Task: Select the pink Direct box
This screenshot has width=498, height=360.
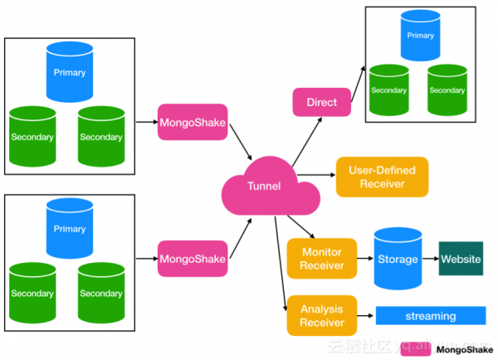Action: pos(321,102)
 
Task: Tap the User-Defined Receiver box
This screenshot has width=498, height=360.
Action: pos(382,177)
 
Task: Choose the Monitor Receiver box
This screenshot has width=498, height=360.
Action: pos(321,259)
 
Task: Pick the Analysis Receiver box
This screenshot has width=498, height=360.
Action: pos(321,315)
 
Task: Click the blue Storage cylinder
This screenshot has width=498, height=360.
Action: pos(398,259)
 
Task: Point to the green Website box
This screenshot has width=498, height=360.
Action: pos(461,260)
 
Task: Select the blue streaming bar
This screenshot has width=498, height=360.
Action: pos(431,316)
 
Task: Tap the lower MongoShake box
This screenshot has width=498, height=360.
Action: pos(192,259)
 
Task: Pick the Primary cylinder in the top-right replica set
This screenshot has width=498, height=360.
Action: pos(420,35)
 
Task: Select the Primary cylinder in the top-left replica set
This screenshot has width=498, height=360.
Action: pos(69,71)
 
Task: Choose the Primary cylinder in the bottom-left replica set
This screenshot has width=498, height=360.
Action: pos(69,228)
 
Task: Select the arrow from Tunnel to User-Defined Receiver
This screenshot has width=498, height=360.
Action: pos(316,175)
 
